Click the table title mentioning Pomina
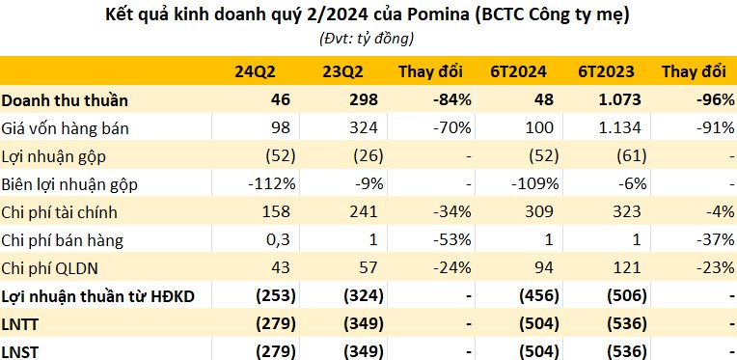pos(367,16)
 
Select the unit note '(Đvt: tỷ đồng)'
pos(367,39)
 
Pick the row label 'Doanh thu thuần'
pos(65,99)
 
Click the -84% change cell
pos(444,99)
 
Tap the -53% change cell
pos(444,238)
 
